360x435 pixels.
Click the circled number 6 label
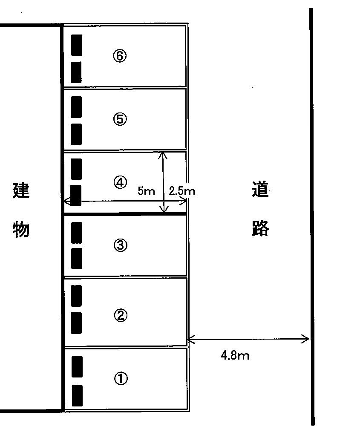(120, 56)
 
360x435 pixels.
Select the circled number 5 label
(120, 119)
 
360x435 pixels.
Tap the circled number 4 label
(120, 182)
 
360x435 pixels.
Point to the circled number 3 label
(120, 245)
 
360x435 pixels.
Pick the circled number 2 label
(120, 315)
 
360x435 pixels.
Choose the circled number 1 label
(121, 378)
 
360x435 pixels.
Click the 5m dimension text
(146, 191)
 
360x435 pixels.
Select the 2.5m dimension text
(182, 191)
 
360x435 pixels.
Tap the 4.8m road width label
(235, 355)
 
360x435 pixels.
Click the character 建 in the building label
(21, 190)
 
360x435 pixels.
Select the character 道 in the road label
(260, 190)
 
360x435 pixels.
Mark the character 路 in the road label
(260, 229)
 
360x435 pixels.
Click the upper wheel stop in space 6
(77, 44)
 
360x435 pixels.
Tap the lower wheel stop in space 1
(77, 395)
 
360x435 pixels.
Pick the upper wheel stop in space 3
(77, 233)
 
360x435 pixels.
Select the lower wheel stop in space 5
(76, 134)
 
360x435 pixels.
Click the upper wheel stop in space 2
(77, 296)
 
